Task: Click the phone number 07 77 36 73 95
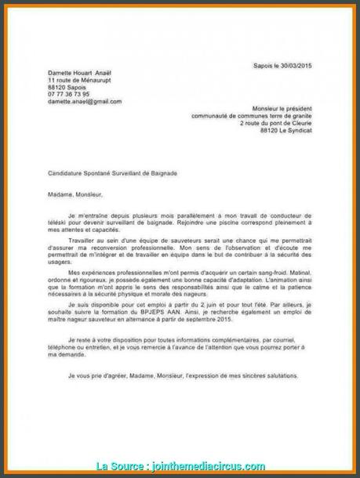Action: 69,93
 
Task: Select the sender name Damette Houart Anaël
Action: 78,73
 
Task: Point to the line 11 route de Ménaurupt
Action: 78,80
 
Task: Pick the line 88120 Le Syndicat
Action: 285,131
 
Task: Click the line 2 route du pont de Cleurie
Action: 271,124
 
